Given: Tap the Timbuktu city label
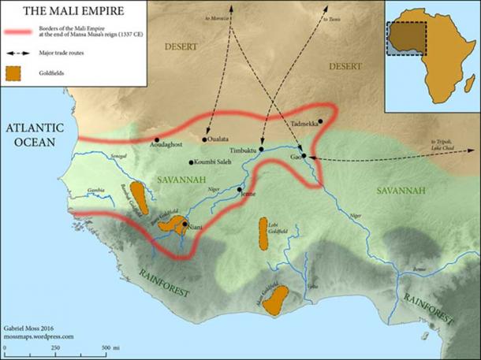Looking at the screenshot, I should point(244,150).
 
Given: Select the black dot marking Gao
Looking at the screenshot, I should point(303,156).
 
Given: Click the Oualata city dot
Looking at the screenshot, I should point(205,140).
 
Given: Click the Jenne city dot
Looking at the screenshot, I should point(240,189).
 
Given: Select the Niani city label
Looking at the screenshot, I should point(195,228).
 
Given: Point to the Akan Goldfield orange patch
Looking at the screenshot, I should point(274,302).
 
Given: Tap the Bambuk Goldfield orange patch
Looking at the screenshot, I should point(138,197).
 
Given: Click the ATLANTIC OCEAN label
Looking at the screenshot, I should point(32,135).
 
